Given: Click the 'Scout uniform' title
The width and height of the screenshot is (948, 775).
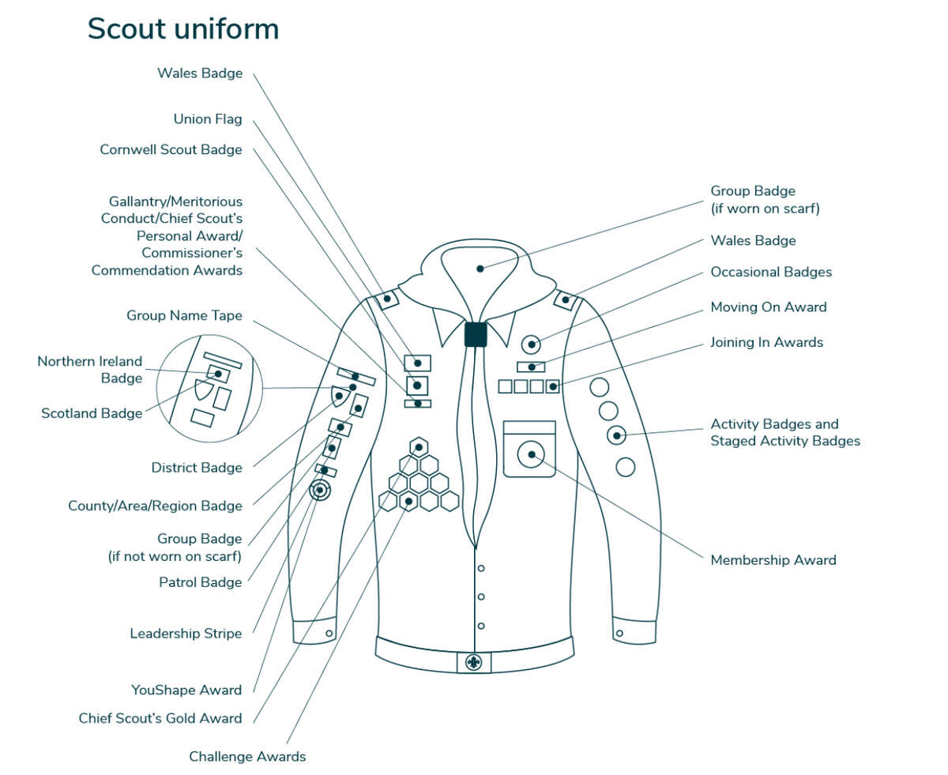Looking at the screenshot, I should [182, 29].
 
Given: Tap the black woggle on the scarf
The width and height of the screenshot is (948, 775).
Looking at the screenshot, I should [475, 334].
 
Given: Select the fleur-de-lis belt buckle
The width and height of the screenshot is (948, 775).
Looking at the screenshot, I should [474, 662].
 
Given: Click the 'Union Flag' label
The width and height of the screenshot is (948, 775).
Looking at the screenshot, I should [208, 119].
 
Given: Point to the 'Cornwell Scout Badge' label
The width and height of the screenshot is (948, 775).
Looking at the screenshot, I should [171, 149].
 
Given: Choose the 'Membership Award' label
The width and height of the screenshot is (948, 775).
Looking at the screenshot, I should [773, 560].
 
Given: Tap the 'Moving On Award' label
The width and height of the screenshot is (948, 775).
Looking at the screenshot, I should [768, 307].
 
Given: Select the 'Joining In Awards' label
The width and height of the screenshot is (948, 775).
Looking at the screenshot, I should [766, 342].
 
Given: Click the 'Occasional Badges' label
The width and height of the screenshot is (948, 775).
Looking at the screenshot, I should [771, 272].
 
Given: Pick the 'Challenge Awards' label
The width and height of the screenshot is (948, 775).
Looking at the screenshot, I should [247, 757].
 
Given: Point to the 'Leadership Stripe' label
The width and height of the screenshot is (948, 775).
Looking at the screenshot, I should [186, 634].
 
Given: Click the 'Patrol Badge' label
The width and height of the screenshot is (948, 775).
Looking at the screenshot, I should [200, 582].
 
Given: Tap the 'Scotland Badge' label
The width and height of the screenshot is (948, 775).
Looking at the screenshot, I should [92, 413].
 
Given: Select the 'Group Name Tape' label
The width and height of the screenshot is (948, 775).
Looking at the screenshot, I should [184, 316].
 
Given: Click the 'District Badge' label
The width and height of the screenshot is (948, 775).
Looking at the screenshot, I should [197, 468].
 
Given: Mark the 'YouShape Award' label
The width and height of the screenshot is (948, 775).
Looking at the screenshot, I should [186, 690].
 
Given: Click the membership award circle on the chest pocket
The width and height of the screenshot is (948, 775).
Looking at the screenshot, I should [532, 454].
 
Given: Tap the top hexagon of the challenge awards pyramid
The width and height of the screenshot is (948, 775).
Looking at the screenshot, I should [419, 446].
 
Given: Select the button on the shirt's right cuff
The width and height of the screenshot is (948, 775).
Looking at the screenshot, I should [619, 633].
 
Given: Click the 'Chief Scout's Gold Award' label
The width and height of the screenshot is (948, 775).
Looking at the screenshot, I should [160, 718].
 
